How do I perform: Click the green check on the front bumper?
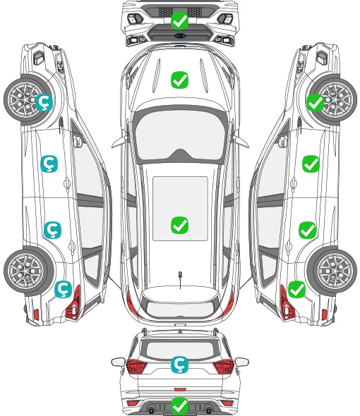(179, 20)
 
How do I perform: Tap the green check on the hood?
(179, 80)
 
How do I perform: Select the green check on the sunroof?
(179, 225)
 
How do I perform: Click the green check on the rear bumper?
(179, 405)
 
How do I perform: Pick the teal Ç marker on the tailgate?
(179, 365)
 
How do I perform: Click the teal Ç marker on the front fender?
(44, 102)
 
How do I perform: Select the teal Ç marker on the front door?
(49, 164)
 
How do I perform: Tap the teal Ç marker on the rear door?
(52, 230)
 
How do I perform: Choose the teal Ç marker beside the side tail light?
(63, 289)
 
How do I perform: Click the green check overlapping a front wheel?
(316, 102)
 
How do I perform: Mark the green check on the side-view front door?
(311, 164)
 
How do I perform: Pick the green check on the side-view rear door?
(307, 230)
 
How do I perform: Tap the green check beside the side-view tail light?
(296, 289)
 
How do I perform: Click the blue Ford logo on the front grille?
(179, 35)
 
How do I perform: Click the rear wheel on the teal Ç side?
(29, 271)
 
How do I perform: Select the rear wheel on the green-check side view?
(332, 271)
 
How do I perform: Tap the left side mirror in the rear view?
(118, 362)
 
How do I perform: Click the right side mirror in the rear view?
(242, 362)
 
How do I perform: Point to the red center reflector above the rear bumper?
(180, 389)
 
